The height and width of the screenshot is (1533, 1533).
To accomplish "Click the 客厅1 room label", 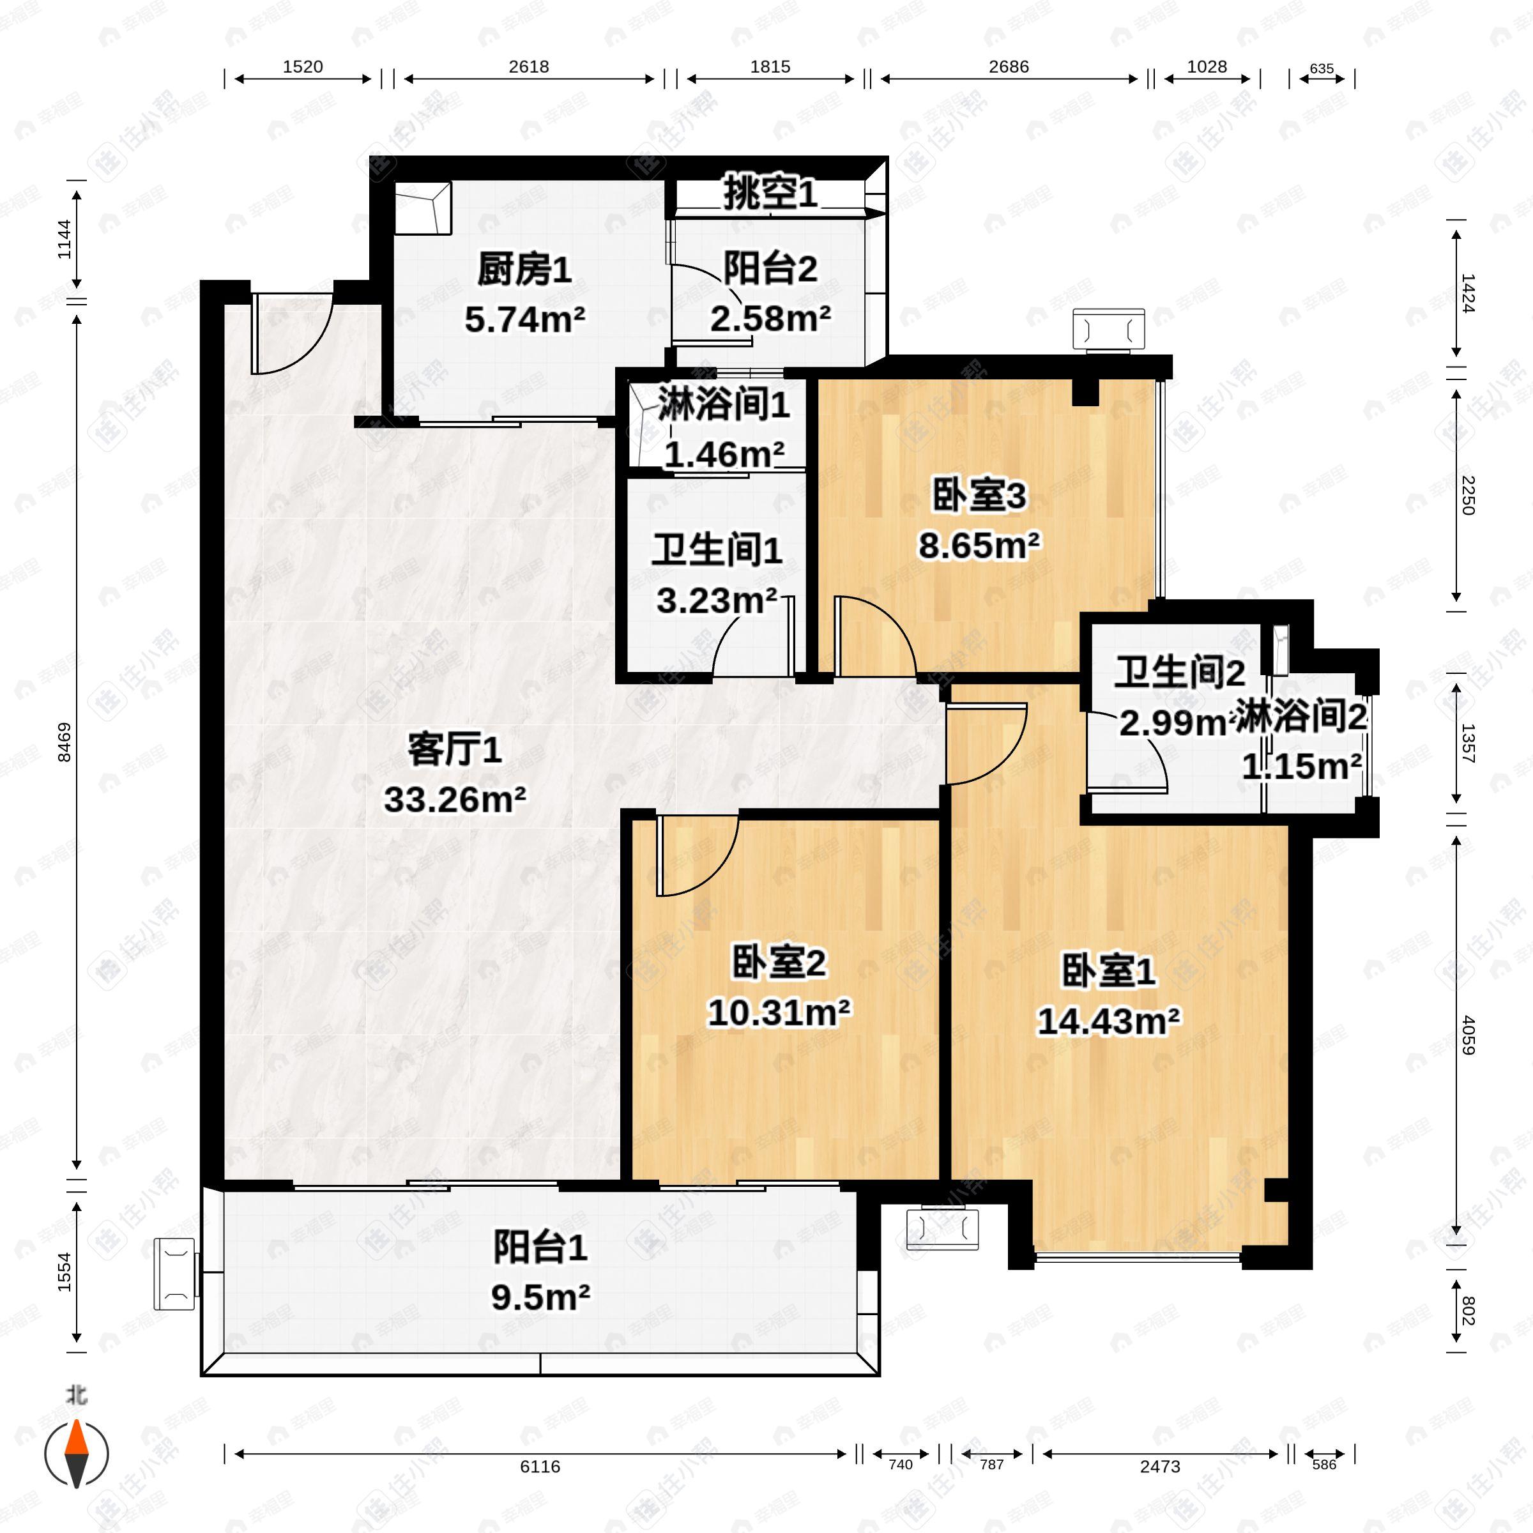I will point(454,750).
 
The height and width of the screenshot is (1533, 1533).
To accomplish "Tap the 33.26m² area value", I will point(455,800).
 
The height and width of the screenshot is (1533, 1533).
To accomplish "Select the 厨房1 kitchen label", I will point(524,271).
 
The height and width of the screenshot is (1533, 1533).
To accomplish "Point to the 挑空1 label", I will point(770,193).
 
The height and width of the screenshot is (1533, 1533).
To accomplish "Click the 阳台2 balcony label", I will point(770,270).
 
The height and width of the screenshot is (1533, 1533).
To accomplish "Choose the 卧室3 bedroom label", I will point(979,496).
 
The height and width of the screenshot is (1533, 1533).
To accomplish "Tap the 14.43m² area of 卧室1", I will point(1108,1022).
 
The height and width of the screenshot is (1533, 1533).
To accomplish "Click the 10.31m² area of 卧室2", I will point(779,1013).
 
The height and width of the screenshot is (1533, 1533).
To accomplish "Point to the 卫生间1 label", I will point(717,551).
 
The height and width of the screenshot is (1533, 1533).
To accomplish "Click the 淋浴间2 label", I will point(1301,717).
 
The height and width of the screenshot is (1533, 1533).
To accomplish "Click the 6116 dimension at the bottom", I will point(540,1467).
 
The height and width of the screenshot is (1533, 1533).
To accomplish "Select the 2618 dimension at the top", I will point(528,66).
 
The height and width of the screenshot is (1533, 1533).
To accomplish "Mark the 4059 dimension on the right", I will point(1468,1035).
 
